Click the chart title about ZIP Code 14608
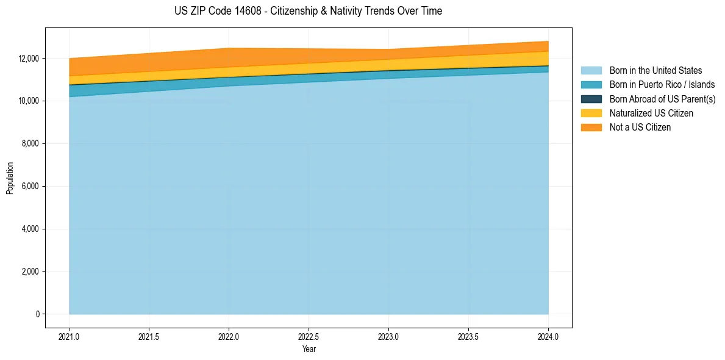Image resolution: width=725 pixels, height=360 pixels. pyautogui.click(x=308, y=11)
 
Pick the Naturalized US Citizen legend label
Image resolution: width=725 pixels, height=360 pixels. pyautogui.click(x=651, y=113)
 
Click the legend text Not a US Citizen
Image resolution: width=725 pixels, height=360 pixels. pyautogui.click(x=640, y=127)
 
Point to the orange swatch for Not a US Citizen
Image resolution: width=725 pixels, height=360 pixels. pyautogui.click(x=591, y=127)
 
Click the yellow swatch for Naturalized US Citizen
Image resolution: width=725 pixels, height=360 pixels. pyautogui.click(x=591, y=113)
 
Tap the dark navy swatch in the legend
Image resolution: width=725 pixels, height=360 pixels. pyautogui.click(x=591, y=99)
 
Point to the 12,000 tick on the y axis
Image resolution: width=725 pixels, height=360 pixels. pyautogui.click(x=29, y=58)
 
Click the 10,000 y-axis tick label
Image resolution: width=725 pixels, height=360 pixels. pyautogui.click(x=29, y=101)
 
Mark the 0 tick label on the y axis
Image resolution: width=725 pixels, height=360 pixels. pyautogui.click(x=37, y=314)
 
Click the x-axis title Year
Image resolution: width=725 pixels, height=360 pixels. pyautogui.click(x=309, y=349)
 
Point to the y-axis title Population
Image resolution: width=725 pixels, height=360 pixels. pyautogui.click(x=10, y=178)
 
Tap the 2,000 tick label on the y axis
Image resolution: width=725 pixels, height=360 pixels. pyautogui.click(x=30, y=272)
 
